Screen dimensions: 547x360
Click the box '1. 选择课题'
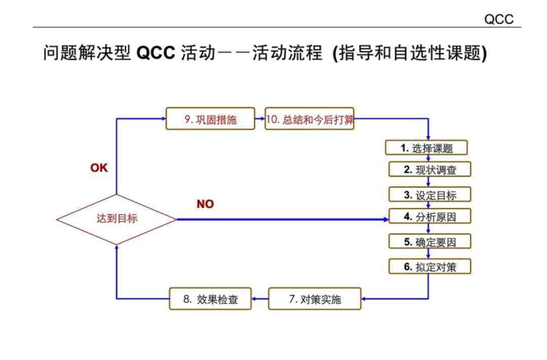[x=426, y=147]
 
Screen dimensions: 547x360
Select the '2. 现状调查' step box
[x=430, y=169]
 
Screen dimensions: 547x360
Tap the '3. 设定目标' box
[x=430, y=194]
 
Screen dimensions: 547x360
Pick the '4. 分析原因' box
[x=430, y=216]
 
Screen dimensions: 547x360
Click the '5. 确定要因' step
[x=430, y=242]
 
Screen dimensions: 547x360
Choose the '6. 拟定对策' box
[x=430, y=266]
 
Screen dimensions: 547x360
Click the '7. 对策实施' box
[x=315, y=299]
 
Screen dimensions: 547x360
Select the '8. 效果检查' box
[x=210, y=299]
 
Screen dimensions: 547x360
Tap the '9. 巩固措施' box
[x=210, y=118]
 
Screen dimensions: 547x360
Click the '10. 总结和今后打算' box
[x=309, y=118]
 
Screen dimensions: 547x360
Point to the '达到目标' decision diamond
[x=116, y=219]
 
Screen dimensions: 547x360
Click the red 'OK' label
[x=99, y=168]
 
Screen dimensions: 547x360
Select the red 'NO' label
[x=205, y=204]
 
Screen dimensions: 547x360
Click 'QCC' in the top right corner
[x=499, y=19]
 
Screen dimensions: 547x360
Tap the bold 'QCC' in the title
[x=155, y=53]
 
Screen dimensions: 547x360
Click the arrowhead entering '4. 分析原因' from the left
[x=386, y=219]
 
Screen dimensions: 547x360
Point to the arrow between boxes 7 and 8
[x=260, y=299]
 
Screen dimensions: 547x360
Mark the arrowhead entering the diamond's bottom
[x=116, y=247]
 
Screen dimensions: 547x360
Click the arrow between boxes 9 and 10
[x=260, y=118]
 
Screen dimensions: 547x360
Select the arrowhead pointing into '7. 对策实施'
[x=364, y=299]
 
